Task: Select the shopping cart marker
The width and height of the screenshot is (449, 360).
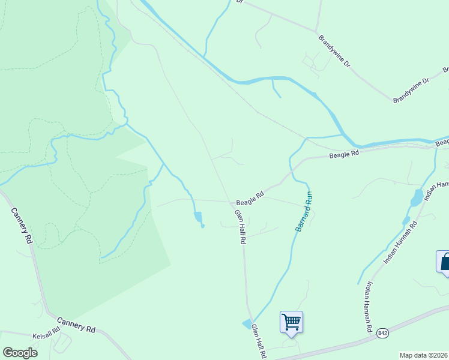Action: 291,322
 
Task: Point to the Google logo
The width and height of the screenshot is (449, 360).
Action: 20,353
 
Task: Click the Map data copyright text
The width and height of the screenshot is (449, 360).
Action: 424,355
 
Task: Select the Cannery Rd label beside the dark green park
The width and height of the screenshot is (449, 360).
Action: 22,225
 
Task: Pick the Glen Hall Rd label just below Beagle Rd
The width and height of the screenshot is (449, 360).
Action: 240,226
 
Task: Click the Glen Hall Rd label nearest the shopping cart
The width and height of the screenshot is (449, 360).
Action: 259,341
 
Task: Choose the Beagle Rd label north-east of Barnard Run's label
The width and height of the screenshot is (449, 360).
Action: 344,154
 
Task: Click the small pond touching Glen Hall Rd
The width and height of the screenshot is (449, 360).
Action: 247,324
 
